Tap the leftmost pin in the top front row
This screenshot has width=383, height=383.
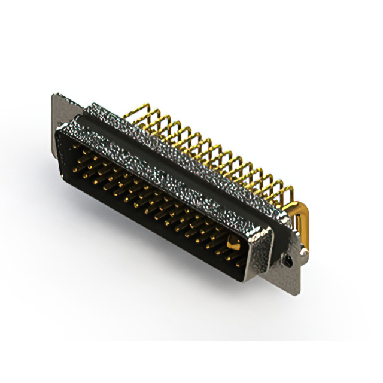click(x=74, y=147)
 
